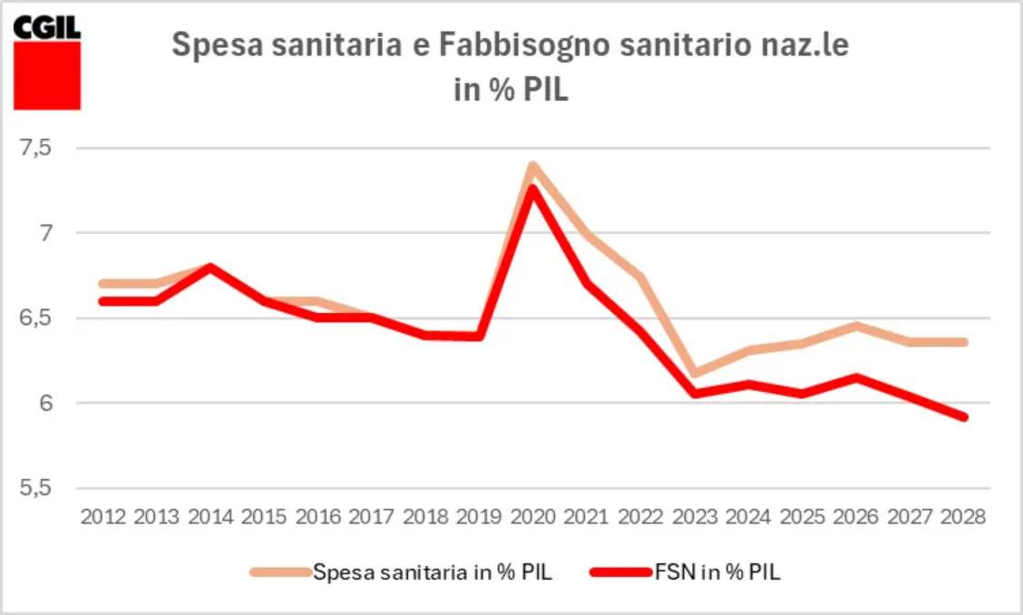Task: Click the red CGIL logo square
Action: pos(47,74)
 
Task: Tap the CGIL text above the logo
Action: pos(47,26)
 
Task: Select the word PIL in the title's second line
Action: pos(543,91)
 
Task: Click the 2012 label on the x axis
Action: pos(103,517)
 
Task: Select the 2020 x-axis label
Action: pos(534,517)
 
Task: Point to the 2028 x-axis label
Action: pos(964,517)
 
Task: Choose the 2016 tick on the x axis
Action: pos(318,517)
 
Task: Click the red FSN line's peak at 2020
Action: pos(534,188)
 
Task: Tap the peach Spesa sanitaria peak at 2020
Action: pos(533,166)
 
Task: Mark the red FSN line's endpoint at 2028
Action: pos(964,417)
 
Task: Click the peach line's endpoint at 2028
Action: pos(964,342)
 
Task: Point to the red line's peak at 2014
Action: pos(210,267)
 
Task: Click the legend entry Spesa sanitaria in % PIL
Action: pos(432,571)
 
